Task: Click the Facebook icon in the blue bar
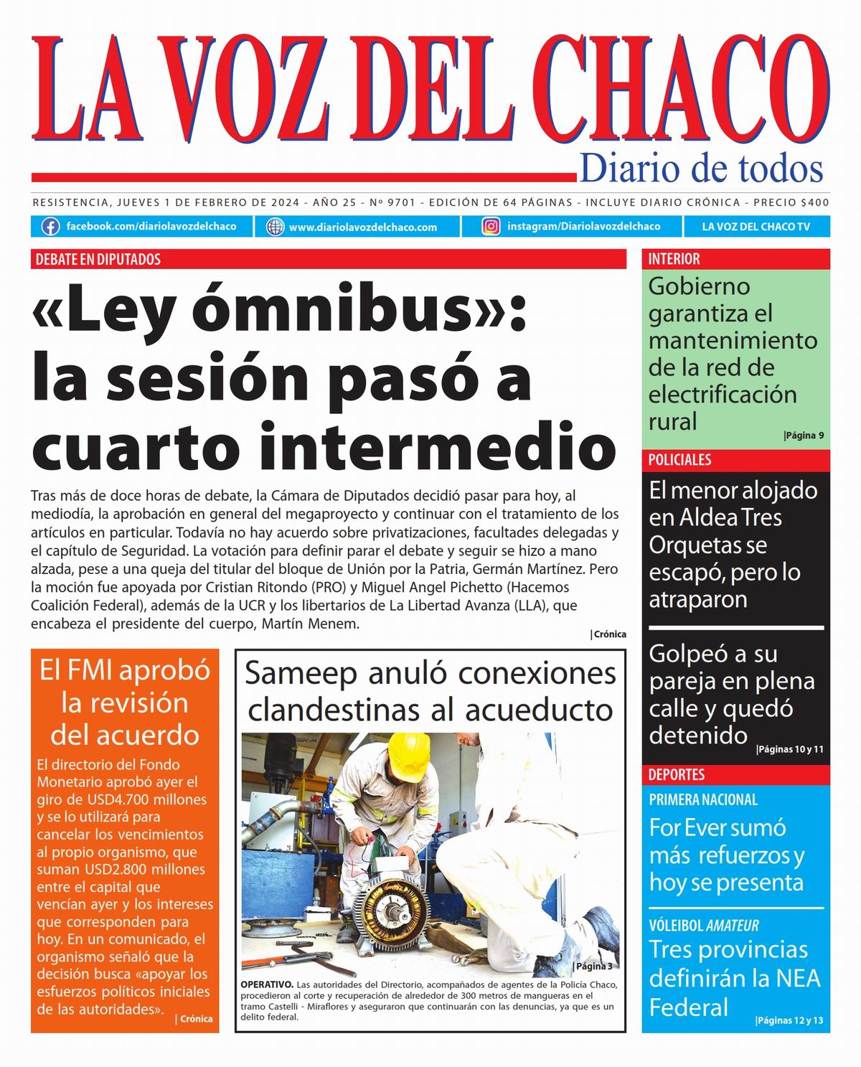(x=50, y=227)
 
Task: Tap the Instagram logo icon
(x=491, y=227)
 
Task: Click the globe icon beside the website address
(x=275, y=227)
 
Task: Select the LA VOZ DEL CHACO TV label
(x=756, y=227)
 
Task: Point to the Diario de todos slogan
(x=701, y=168)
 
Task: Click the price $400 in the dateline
(x=816, y=202)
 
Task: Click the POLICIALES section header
(x=679, y=460)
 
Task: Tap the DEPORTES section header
(x=677, y=775)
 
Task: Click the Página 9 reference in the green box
(x=804, y=435)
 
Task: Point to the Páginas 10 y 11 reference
(x=790, y=750)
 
